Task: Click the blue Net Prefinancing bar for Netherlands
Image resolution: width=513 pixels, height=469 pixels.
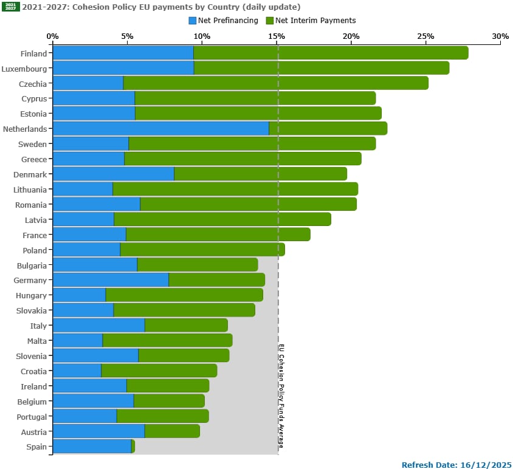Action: click(160, 129)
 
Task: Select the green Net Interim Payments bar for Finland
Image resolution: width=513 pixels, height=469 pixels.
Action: click(331, 53)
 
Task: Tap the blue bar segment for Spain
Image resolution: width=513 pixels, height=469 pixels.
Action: click(92, 447)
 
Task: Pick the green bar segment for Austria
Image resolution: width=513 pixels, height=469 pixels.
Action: click(172, 431)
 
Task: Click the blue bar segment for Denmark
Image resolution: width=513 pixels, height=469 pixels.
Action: click(113, 174)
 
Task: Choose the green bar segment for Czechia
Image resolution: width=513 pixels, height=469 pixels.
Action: click(275, 83)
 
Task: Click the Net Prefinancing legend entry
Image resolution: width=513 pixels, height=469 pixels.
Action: click(223, 21)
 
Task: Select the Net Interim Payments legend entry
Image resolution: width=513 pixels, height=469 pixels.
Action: click(311, 21)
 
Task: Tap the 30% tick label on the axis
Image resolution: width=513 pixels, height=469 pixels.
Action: click(500, 36)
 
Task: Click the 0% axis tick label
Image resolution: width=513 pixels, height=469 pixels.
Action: click(53, 36)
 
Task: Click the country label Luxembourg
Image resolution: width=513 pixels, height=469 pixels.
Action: click(24, 69)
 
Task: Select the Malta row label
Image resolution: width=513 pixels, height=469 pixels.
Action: click(36, 341)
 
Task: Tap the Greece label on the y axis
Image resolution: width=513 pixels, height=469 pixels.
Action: click(34, 159)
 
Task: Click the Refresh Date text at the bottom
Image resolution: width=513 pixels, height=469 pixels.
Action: click(456, 464)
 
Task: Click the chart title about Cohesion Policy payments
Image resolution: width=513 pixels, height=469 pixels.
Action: click(161, 7)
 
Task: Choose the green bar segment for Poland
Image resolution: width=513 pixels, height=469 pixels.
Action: click(202, 250)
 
